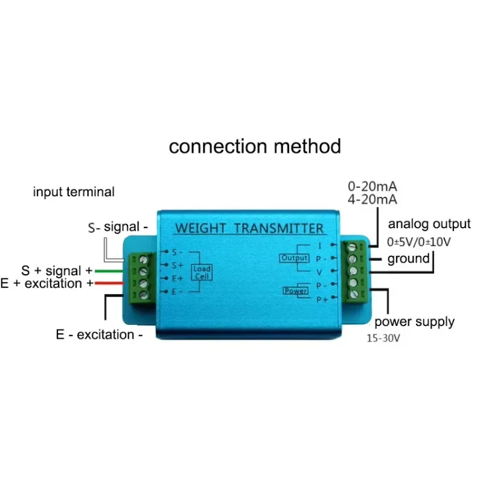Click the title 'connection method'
(x=254, y=146)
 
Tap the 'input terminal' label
(x=73, y=192)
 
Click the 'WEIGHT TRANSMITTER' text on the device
(x=249, y=228)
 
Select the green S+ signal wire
(x=109, y=271)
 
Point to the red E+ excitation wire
(x=109, y=283)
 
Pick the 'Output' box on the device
(x=293, y=258)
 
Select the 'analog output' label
(x=429, y=224)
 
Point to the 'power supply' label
(x=414, y=321)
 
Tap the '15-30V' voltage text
(x=382, y=338)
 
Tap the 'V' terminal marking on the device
(x=319, y=272)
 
